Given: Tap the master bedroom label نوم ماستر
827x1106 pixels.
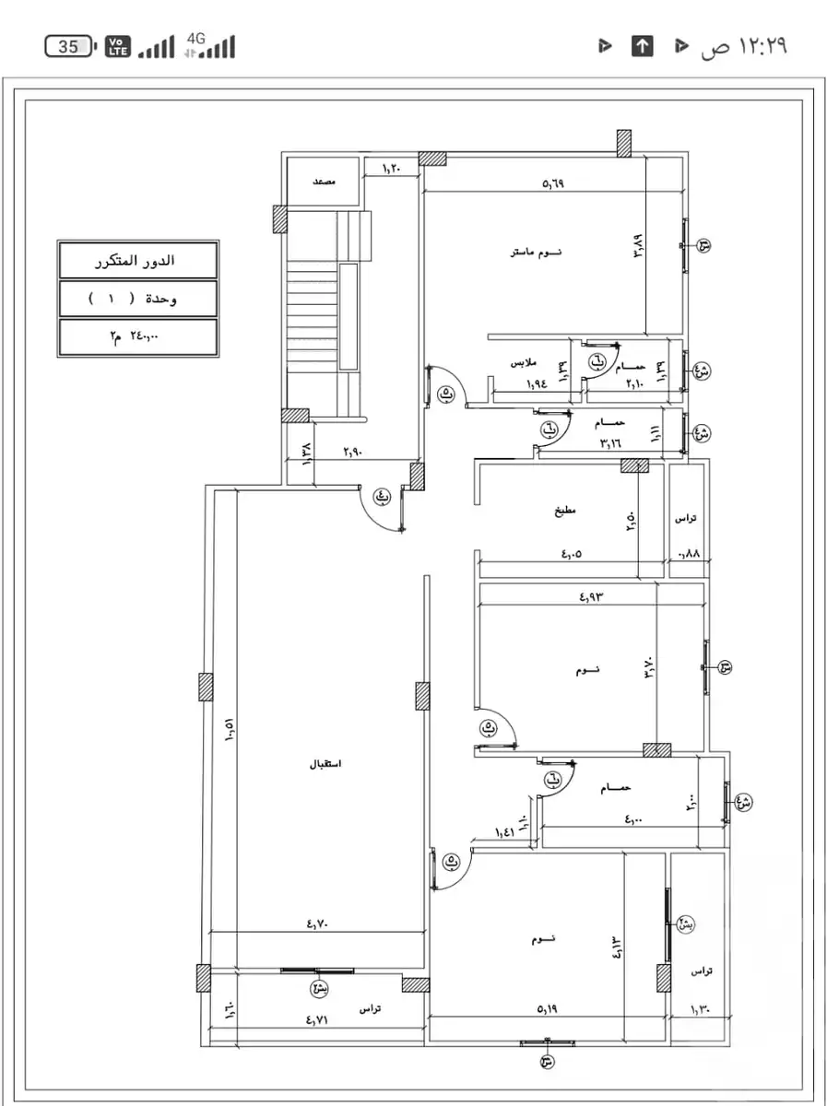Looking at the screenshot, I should pos(537,252).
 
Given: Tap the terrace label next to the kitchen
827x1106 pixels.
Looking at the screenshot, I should pos(685,519).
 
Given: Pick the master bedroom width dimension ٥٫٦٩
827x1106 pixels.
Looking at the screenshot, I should pos(552,183).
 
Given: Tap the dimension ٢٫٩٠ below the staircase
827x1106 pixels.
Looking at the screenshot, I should pos(353,453).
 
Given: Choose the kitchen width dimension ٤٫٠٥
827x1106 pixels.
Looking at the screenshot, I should pos(572,555).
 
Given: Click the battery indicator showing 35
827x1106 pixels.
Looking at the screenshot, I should pos(69,47).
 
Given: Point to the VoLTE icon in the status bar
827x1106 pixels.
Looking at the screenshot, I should pos(118,46).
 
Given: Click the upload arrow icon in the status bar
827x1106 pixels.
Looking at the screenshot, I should pos(642,46).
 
